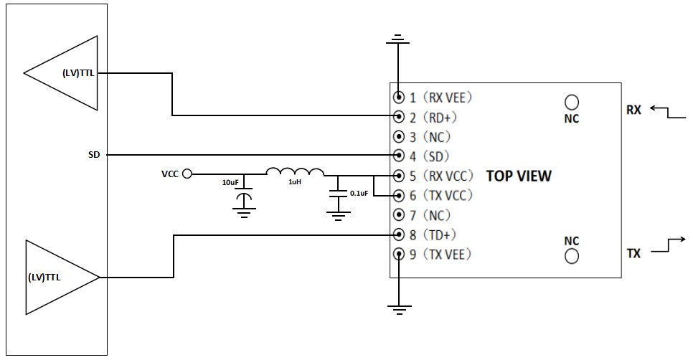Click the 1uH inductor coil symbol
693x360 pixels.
295,171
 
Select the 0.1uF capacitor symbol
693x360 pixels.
338,194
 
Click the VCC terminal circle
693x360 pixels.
187,174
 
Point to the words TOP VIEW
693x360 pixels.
519,176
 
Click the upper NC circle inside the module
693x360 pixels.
572,102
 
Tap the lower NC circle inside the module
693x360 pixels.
572,256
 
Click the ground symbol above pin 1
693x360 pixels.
397,39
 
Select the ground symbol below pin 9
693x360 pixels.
399,310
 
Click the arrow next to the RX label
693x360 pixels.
667,113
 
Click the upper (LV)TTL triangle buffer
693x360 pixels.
60,73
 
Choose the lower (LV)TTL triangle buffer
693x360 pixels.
62,278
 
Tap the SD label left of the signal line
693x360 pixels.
94,155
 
